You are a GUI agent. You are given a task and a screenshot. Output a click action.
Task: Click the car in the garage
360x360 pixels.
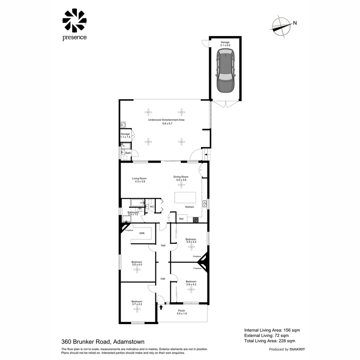tap(225, 71)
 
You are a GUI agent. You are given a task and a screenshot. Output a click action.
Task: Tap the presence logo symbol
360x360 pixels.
tap(74, 21)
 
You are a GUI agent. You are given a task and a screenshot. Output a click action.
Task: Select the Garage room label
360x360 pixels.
tap(225, 42)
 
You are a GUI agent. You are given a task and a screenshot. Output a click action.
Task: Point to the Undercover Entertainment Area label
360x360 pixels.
tap(166, 120)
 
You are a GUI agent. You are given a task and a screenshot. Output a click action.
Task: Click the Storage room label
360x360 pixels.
tap(125, 134)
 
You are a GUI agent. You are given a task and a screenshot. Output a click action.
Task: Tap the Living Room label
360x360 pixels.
tap(139, 178)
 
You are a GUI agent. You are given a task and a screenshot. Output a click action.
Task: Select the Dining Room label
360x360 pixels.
tap(181, 177)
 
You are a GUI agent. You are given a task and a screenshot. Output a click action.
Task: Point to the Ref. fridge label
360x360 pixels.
tap(182, 219)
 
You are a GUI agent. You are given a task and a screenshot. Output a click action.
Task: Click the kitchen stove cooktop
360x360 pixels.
tap(196, 219)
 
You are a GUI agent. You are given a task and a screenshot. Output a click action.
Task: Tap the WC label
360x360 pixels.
tap(152, 207)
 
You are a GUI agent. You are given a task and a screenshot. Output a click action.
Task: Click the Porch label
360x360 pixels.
tap(181, 311)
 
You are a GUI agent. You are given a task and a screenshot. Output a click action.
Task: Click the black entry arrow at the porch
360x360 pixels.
tap(161, 307)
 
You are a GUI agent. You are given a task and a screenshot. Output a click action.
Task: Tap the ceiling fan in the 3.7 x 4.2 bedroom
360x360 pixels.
tap(137, 309)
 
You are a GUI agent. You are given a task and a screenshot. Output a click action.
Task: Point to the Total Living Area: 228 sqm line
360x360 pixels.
tap(270, 341)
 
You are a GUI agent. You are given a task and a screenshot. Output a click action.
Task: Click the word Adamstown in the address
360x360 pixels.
tap(129, 342)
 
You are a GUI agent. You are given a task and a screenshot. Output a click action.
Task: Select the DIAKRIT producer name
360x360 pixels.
tap(297, 349)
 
